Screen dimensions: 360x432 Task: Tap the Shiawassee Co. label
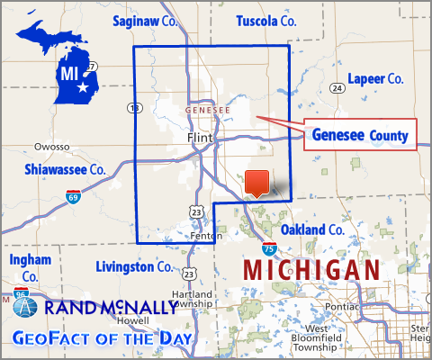[66, 168]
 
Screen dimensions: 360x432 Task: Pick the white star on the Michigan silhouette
[85, 88]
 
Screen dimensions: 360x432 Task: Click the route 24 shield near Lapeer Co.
[336, 88]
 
